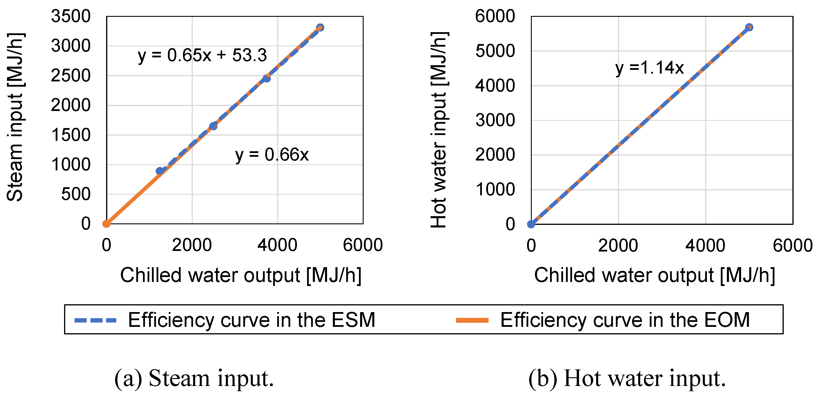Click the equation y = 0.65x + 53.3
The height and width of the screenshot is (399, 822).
pyautogui.click(x=202, y=56)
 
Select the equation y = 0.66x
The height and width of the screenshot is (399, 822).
pyautogui.click(x=272, y=155)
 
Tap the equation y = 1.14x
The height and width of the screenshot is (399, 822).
pyautogui.click(x=649, y=68)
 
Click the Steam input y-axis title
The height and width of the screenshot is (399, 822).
pyautogui.click(x=15, y=117)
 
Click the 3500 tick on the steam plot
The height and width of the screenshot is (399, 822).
pyautogui.click(x=71, y=16)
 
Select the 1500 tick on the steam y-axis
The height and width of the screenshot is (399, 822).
pyautogui.click(x=71, y=135)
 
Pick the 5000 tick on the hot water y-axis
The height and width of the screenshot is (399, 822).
pyautogui.click(x=495, y=51)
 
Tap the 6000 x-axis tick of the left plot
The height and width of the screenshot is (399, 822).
pyautogui.click(x=362, y=245)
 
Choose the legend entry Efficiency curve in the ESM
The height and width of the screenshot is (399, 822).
pyautogui.click(x=251, y=320)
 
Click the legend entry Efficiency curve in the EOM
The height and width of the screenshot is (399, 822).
pyautogui.click(x=625, y=320)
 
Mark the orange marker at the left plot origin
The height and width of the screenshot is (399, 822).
pyautogui.click(x=107, y=224)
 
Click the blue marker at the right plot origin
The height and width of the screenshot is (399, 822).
pyautogui.click(x=531, y=224)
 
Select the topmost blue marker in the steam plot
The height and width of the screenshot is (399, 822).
pyautogui.click(x=320, y=28)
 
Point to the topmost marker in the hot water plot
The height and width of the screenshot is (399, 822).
pyautogui.click(x=749, y=28)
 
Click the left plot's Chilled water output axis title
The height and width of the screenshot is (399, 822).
pyautogui.click(x=241, y=275)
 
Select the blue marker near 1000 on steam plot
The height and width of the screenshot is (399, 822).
pyautogui.click(x=159, y=171)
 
